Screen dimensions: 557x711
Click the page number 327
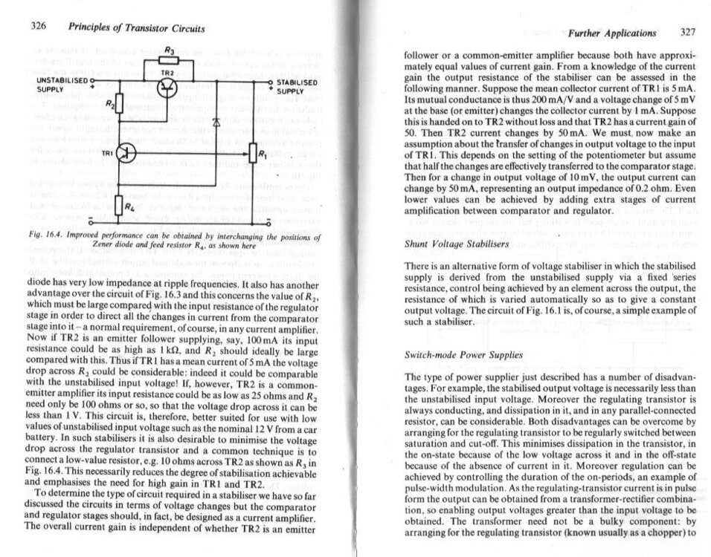point(688,33)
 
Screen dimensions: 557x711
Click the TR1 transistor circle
point(127,153)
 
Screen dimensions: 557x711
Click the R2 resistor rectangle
point(120,103)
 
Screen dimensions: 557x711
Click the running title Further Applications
point(612,33)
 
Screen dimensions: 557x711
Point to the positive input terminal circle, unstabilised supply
point(94,79)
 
